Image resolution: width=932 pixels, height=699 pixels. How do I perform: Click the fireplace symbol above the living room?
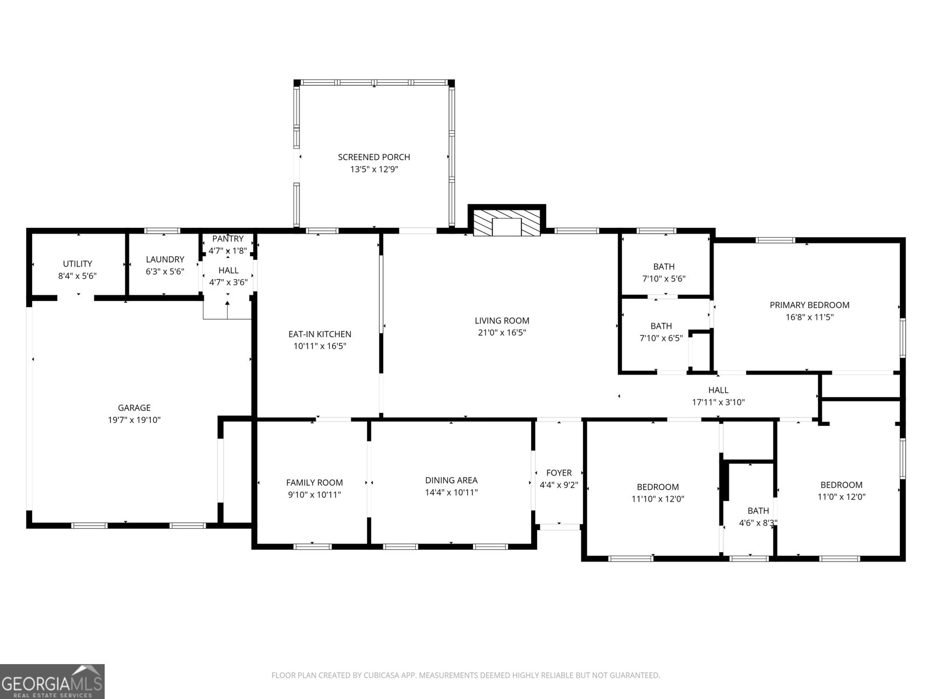click(x=506, y=223)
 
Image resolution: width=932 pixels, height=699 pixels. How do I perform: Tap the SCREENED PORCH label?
click(x=374, y=157)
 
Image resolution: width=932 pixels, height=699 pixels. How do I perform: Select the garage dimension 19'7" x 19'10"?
click(x=135, y=420)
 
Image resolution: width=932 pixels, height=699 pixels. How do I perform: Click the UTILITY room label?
click(x=77, y=264)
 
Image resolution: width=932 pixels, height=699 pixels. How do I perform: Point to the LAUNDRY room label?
click(x=165, y=259)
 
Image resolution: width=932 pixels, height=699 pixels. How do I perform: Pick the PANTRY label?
click(x=228, y=239)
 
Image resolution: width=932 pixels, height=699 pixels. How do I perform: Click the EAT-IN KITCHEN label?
click(x=320, y=334)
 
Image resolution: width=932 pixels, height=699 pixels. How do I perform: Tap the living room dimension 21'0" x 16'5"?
click(x=502, y=333)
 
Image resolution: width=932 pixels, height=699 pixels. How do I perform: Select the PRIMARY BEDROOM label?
click(x=809, y=305)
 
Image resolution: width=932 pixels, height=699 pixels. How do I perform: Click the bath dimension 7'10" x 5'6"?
click(x=663, y=279)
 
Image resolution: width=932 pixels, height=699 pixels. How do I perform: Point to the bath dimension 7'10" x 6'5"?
click(x=661, y=338)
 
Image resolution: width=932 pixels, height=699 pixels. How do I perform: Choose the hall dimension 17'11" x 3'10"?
click(x=718, y=402)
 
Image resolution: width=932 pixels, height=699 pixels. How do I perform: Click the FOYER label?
click(x=559, y=472)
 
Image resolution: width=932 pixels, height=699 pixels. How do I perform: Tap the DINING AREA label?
click(x=451, y=480)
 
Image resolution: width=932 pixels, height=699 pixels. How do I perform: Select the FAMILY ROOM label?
click(x=314, y=482)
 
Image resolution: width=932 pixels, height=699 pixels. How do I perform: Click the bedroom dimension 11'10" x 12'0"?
click(x=658, y=499)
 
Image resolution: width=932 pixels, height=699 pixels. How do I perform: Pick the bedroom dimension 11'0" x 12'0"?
click(x=841, y=497)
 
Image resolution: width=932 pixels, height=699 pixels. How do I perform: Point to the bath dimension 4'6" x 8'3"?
click(x=758, y=523)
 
